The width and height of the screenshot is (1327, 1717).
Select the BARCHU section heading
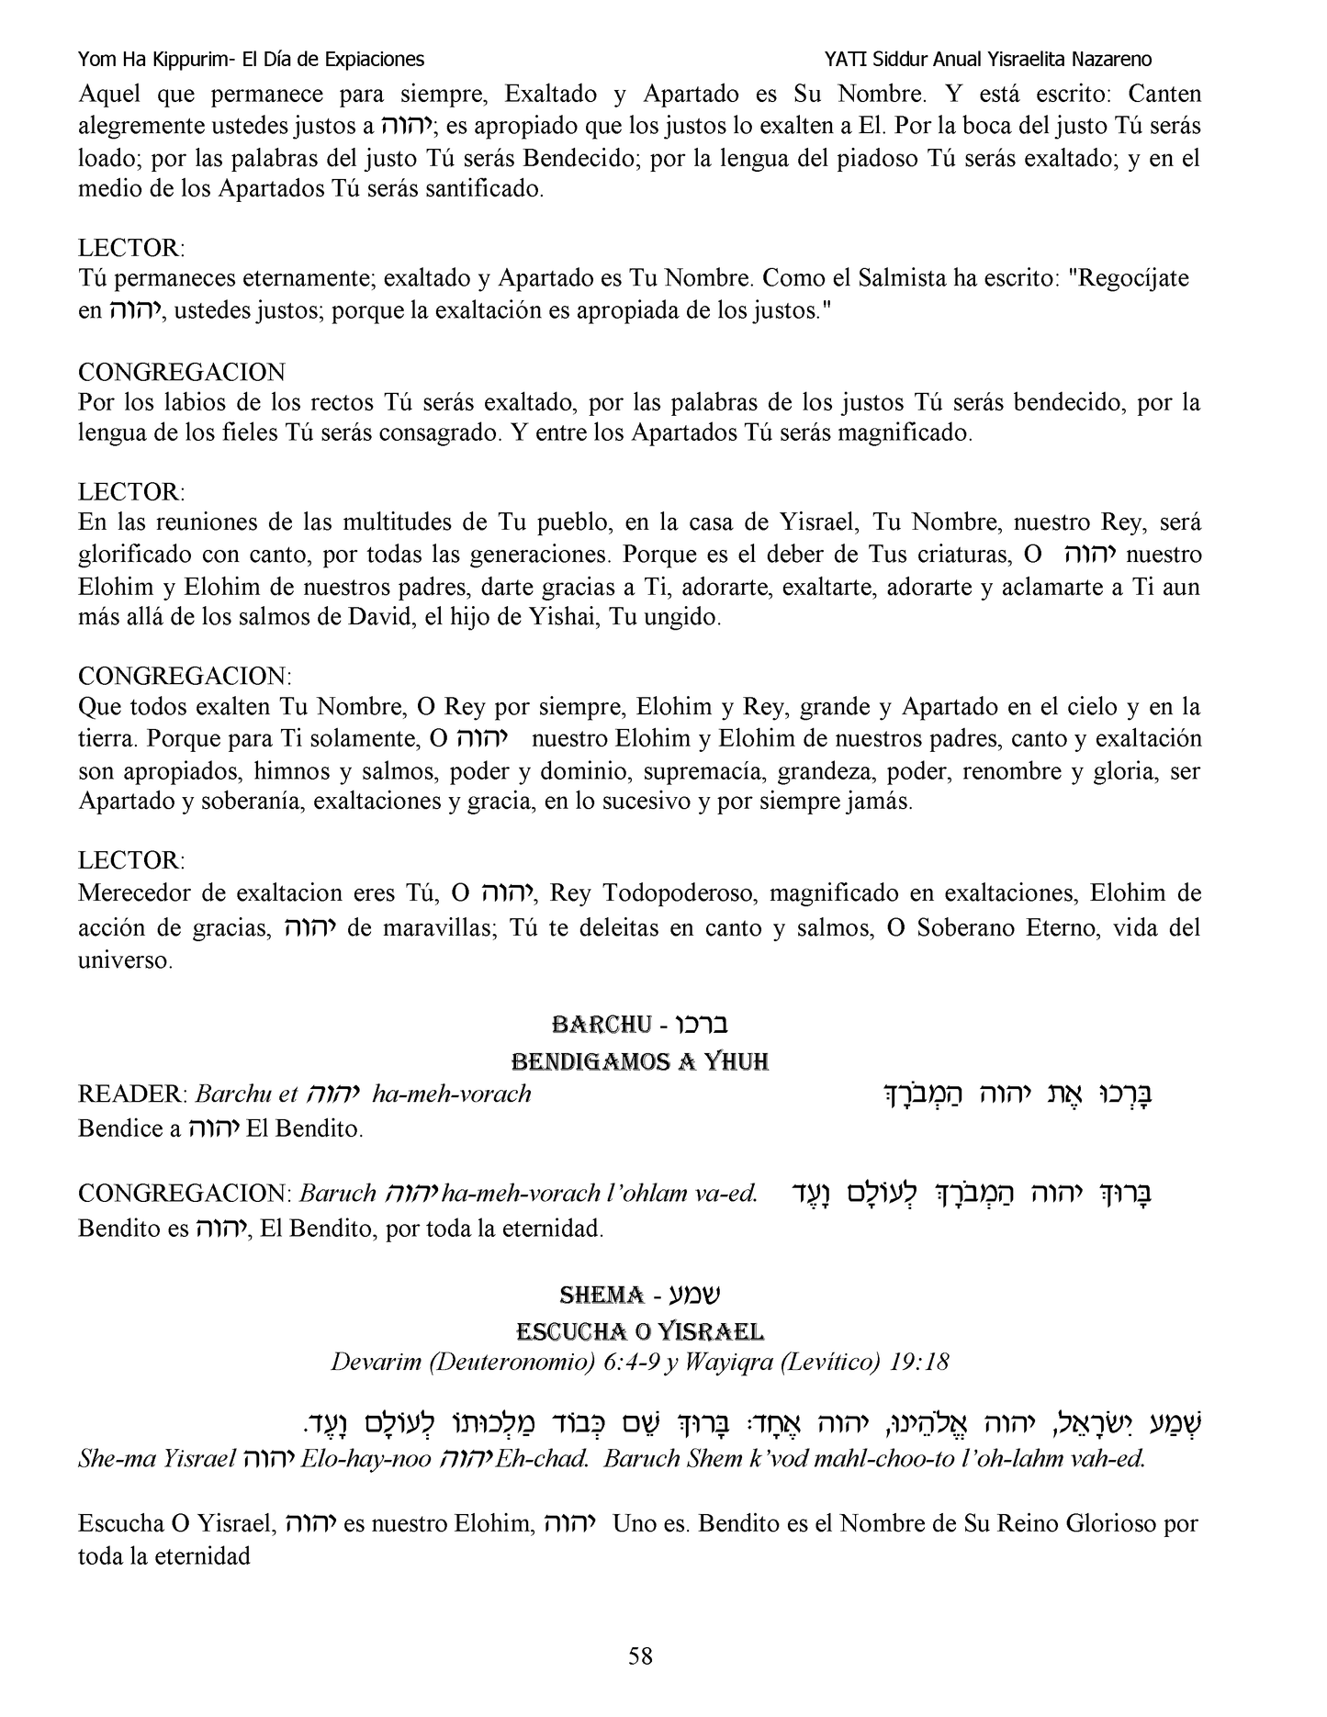[602, 1024]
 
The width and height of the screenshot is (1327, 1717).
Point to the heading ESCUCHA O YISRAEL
[640, 1331]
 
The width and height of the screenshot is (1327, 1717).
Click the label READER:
[132, 1094]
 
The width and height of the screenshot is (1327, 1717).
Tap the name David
[385, 617]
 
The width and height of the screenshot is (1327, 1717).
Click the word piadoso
[872, 158]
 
